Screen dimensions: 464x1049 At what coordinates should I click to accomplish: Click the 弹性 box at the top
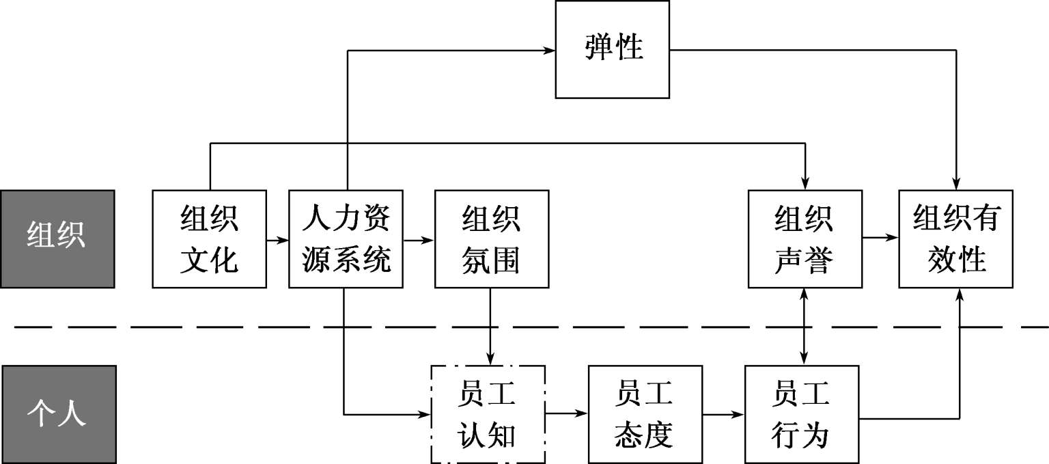click(x=613, y=49)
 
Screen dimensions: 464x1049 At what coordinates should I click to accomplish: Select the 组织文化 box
click(x=209, y=238)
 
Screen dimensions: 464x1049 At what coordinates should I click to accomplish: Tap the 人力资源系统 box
click(x=346, y=238)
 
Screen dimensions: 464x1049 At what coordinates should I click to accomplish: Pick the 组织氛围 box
click(x=491, y=238)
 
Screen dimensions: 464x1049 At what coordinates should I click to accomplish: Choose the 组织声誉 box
click(x=805, y=238)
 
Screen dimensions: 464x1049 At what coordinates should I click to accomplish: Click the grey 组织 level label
click(x=57, y=238)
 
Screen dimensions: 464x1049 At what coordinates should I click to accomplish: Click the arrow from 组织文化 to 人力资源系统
click(x=277, y=240)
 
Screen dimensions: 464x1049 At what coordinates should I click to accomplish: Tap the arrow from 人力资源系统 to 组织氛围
click(x=419, y=240)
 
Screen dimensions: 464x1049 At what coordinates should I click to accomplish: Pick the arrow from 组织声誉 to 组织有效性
click(x=880, y=238)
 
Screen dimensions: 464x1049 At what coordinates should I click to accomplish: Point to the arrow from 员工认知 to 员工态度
click(x=567, y=413)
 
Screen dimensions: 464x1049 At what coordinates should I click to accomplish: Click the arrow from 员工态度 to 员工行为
click(x=724, y=413)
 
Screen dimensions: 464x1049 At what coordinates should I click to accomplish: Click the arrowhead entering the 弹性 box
click(x=548, y=50)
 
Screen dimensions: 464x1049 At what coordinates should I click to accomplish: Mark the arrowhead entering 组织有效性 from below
click(x=960, y=294)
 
